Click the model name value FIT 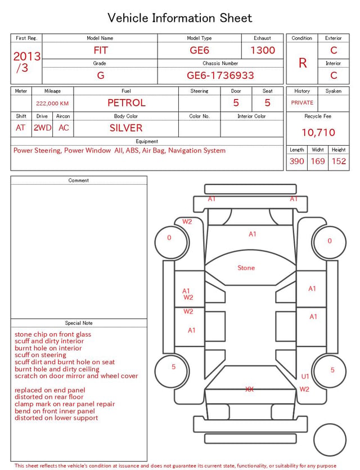coord(101,50)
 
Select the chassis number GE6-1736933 coord(220,75)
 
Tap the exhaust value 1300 coord(263,50)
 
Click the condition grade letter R coord(303,63)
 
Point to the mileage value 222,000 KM coord(52,104)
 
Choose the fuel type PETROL coord(127,103)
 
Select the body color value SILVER coord(126,128)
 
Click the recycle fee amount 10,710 coord(318,132)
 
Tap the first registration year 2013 coord(27,56)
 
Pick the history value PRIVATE coord(302,103)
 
